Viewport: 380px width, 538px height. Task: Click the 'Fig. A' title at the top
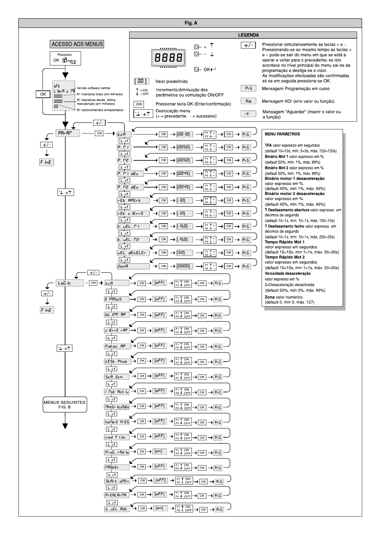[190, 23]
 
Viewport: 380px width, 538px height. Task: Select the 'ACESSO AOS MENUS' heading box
[77, 44]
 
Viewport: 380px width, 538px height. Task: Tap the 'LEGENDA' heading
[248, 35]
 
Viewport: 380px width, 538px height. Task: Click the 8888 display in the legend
[168, 58]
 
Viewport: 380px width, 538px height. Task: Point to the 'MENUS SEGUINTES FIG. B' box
[65, 405]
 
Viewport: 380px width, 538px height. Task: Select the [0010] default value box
[184, 134]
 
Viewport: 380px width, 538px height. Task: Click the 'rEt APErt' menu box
[133, 201]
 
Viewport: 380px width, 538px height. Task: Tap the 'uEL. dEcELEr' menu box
[133, 253]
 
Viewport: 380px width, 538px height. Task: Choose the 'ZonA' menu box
[133, 266]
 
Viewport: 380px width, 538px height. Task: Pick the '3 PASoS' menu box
[117, 299]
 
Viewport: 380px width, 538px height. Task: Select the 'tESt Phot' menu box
[117, 362]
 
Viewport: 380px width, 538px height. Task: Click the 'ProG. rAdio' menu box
[117, 452]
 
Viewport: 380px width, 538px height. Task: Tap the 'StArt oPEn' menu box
[117, 481]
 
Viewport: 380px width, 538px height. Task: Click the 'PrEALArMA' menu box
[117, 495]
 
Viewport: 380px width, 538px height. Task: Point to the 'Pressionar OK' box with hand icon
[65, 58]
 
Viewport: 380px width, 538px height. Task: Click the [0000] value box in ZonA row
[184, 266]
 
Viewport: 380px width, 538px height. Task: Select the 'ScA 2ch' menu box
[117, 377]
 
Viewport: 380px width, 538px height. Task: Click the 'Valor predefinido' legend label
[171, 81]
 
